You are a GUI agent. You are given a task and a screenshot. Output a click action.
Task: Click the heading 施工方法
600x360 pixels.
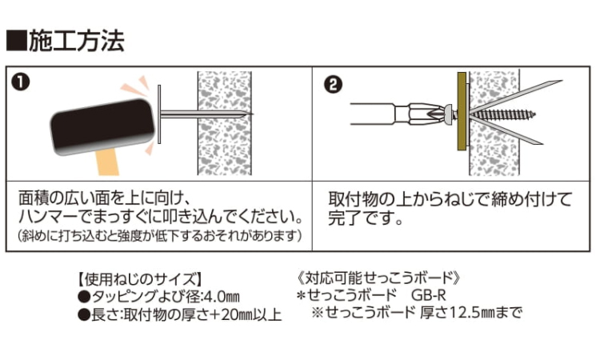(77, 41)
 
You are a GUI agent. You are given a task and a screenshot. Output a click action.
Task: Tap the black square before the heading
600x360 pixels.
(17, 41)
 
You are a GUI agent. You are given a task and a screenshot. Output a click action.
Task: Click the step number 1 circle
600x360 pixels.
(20, 82)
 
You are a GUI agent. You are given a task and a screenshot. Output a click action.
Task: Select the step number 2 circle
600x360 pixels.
(333, 84)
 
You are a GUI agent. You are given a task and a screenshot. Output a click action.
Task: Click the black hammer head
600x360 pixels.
(102, 126)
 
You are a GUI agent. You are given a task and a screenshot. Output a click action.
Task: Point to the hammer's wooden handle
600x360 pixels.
(106, 162)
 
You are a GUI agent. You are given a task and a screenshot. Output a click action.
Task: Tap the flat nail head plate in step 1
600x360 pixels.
(159, 114)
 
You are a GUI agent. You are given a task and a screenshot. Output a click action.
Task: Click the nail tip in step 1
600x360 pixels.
(253, 114)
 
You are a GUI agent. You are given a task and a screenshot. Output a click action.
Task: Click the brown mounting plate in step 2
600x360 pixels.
(462, 111)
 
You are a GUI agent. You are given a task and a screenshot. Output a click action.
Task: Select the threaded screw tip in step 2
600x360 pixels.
(535, 114)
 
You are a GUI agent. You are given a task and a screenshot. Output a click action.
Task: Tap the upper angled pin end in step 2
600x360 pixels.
(562, 81)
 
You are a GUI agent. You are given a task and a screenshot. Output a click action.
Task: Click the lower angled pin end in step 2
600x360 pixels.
(542, 143)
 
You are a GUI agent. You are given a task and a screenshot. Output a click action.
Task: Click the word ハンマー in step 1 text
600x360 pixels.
(48, 217)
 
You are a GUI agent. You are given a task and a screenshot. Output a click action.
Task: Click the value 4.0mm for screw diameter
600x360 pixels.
(222, 296)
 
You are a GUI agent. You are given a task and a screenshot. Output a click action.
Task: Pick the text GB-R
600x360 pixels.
(429, 295)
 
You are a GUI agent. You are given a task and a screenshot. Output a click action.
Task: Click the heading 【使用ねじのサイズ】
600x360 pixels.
(140, 279)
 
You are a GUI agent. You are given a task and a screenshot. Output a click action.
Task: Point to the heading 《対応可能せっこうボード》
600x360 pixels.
(379, 278)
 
